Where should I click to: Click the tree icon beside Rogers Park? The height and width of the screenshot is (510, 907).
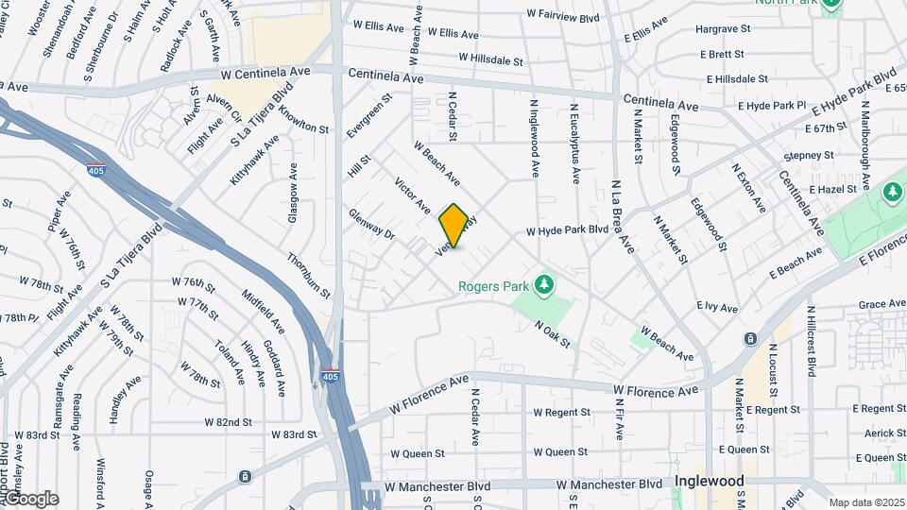point(542,283)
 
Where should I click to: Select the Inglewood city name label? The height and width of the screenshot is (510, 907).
point(709,481)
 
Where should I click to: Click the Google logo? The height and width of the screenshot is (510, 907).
point(30,499)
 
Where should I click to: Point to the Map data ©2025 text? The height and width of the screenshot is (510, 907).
point(866,502)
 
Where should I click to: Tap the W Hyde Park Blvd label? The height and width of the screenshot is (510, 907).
point(567,230)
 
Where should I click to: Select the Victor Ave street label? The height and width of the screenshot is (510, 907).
point(413,195)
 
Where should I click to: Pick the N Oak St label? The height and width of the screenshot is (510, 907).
point(553,333)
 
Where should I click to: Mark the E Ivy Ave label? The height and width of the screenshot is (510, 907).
point(716,306)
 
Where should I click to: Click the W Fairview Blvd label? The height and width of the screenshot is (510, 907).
point(563,16)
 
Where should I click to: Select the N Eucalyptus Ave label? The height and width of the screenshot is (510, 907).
point(574,142)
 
